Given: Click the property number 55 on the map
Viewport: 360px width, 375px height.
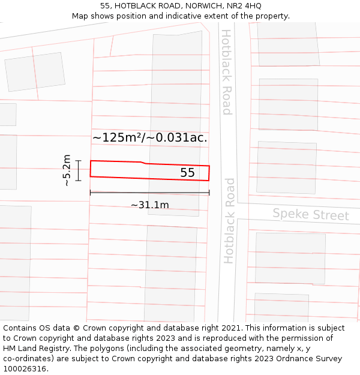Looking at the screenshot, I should [188, 173].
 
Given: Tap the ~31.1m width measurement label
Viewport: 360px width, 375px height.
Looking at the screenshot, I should [149, 205].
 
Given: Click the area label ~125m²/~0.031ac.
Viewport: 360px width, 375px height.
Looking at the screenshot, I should [149, 137].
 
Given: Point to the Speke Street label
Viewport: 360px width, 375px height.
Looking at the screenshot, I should [310, 214].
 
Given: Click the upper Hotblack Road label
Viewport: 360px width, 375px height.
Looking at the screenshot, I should [226, 72].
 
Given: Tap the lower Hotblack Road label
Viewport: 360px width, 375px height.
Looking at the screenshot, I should [229, 221].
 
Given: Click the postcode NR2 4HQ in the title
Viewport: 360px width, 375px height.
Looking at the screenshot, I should [244, 6].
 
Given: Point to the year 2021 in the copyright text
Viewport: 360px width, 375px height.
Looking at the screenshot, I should [232, 328].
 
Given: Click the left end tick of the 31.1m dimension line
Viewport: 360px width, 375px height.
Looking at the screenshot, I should [90, 193].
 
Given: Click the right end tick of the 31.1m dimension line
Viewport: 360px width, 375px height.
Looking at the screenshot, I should [209, 193].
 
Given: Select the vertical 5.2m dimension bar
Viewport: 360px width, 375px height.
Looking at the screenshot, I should [78, 170].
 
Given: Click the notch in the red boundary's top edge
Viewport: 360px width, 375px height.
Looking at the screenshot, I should [143, 163].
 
